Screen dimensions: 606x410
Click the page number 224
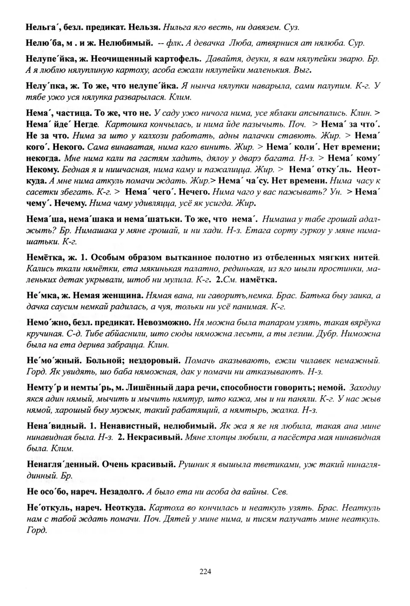(205, 571)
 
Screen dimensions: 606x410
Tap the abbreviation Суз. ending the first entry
(292, 27)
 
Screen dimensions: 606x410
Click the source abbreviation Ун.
(336, 192)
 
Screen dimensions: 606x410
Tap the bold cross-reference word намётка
(258, 280)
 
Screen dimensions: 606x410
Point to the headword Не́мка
(38, 296)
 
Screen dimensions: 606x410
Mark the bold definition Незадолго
(124, 491)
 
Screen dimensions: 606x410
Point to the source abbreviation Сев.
(279, 491)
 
